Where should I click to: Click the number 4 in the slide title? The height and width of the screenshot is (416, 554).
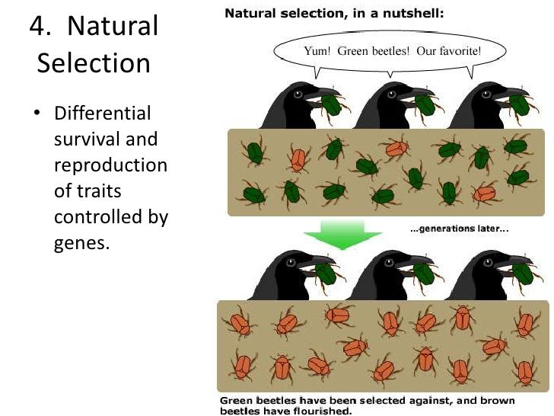tap(37, 27)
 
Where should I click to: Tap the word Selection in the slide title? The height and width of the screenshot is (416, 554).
tap(94, 62)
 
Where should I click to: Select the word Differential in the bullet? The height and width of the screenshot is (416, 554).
tap(103, 114)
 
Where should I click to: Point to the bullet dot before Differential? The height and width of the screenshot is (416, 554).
tap(36, 114)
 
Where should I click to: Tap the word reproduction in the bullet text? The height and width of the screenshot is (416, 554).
tap(110, 165)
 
